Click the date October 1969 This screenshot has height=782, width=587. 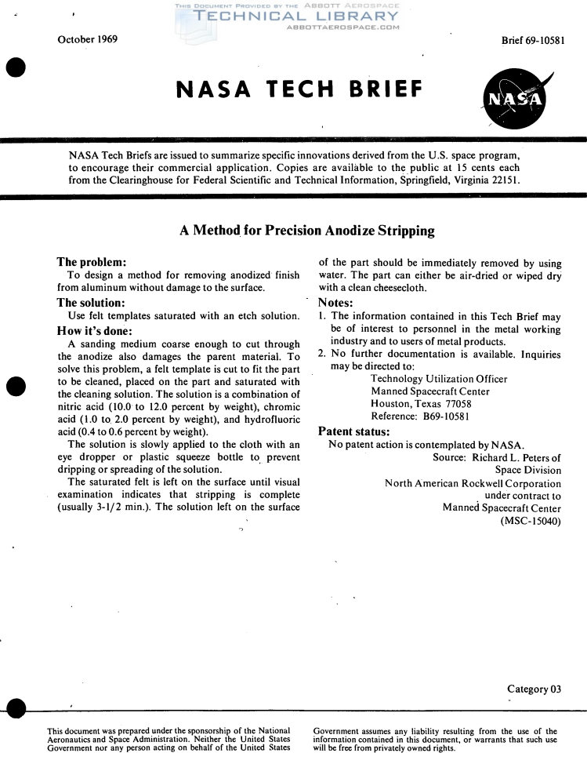(88, 40)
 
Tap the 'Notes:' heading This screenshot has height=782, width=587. (336, 304)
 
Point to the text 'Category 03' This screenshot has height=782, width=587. (534, 689)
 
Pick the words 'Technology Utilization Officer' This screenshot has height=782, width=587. (439, 379)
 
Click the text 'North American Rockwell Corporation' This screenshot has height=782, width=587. (473, 483)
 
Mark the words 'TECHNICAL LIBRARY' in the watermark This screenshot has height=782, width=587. (297, 16)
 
